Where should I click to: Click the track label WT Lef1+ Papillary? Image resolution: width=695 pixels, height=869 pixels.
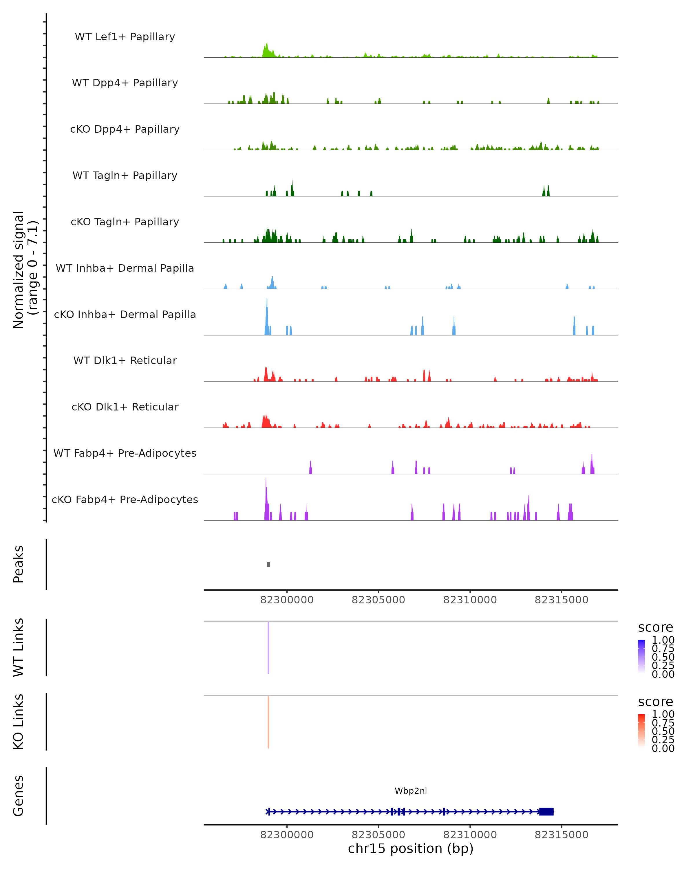[125, 37]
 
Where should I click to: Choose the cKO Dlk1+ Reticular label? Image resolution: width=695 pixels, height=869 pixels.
[125, 407]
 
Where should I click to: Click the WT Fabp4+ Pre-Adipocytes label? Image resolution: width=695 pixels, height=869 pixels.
[125, 453]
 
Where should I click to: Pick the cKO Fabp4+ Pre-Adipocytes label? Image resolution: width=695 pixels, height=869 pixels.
[125, 499]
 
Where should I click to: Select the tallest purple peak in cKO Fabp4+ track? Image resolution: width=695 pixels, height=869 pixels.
[266, 500]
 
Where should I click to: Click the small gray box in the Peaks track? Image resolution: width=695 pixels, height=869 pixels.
[268, 564]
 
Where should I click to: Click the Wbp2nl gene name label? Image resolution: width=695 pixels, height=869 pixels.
[411, 791]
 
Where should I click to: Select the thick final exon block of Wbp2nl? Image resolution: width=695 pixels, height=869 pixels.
[546, 812]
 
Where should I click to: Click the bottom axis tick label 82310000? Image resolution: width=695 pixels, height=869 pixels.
[470, 835]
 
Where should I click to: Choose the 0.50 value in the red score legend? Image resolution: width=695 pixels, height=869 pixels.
[663, 731]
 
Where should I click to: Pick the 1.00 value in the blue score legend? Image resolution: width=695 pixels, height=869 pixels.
[663, 640]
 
